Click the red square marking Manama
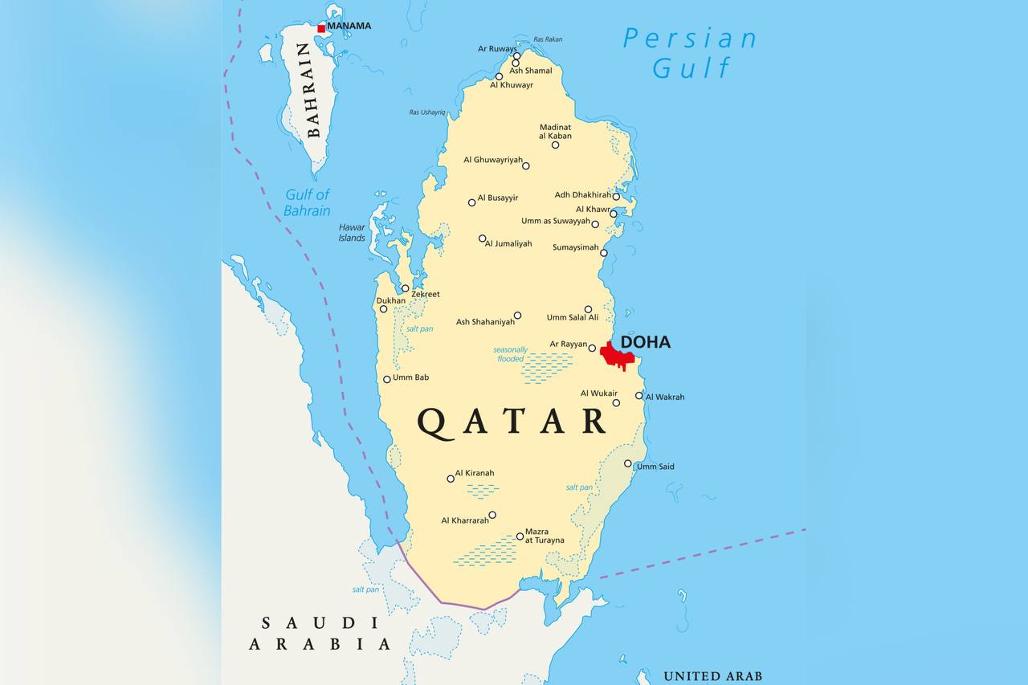321,28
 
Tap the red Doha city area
618,355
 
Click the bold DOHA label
646,342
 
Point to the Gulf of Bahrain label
307,202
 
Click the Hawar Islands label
352,232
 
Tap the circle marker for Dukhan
383,309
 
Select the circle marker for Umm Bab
386,379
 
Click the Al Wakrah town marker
639,395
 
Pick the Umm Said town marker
628,463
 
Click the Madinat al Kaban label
556,131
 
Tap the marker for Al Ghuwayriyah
526,166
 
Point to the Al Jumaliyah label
508,243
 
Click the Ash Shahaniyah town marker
517,316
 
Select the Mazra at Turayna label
545,536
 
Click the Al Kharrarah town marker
492,516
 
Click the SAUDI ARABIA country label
320,633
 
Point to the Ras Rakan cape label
548,39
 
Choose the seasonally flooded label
511,354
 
